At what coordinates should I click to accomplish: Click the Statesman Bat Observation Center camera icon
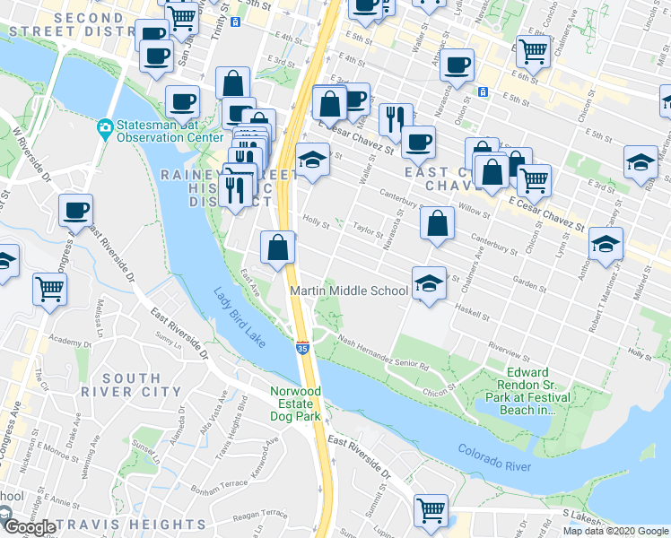pos(105,128)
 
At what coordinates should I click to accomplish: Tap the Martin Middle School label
pos(350,291)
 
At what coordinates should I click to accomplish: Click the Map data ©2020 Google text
pos(615,531)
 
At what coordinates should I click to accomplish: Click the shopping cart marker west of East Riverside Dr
pos(50,289)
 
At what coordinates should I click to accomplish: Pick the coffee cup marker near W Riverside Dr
pos(76,211)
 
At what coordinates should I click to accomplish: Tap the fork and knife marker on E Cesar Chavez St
pos(396,117)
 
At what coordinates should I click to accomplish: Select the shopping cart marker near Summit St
pos(431,509)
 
